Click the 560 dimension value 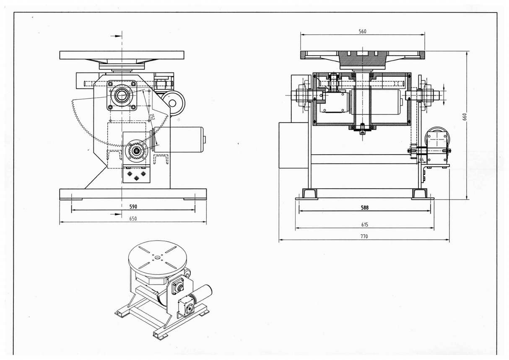[362, 31]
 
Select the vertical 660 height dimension [465, 117]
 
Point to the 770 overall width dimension [364, 236]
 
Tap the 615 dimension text [364, 225]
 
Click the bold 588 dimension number [364, 207]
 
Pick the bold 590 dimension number [133, 207]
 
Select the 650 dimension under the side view [133, 218]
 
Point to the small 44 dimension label [421, 159]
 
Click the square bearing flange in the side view [122, 96]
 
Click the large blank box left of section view [293, 145]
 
